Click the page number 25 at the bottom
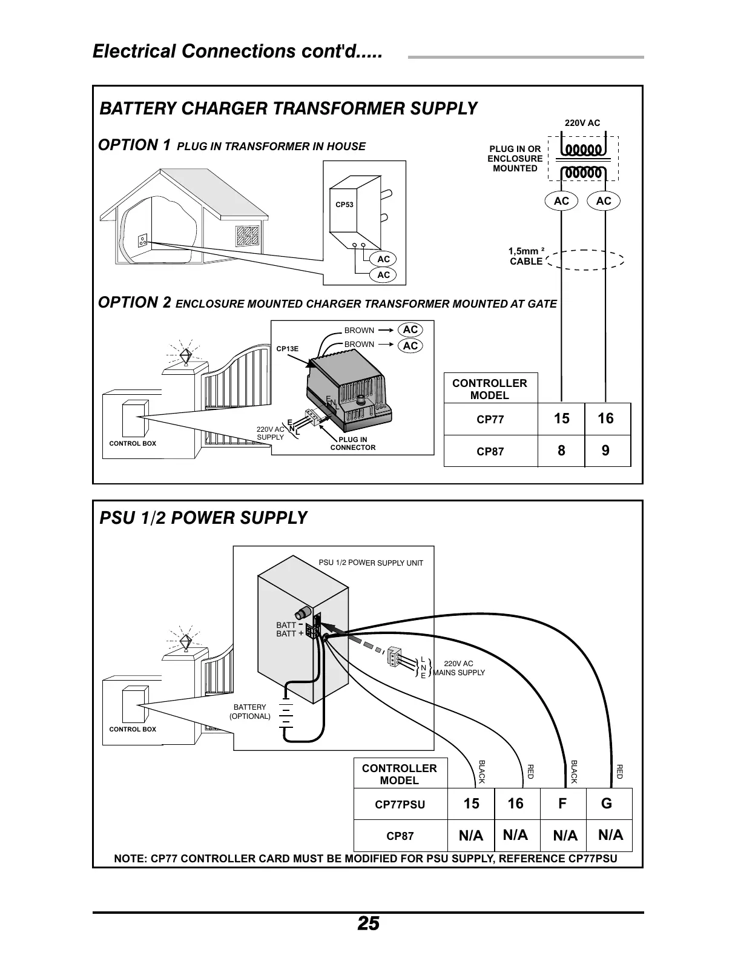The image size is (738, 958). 368,923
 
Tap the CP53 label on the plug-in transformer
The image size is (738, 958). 344,205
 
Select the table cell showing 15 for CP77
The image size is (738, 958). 561,418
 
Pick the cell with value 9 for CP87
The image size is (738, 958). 606,451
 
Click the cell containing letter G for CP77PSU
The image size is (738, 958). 607,804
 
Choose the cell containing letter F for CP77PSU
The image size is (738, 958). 562,804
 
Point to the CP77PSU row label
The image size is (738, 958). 400,805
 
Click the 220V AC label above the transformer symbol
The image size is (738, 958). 582,123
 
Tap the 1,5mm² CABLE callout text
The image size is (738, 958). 526,256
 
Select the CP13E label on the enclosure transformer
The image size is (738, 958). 288,349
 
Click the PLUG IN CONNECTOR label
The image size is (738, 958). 352,443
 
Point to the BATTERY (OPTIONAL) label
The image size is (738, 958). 249,712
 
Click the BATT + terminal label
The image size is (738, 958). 289,633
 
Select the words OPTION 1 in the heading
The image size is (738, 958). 134,145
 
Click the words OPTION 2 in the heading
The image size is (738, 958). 134,303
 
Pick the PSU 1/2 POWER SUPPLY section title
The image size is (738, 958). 203,518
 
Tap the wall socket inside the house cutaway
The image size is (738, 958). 143,240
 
